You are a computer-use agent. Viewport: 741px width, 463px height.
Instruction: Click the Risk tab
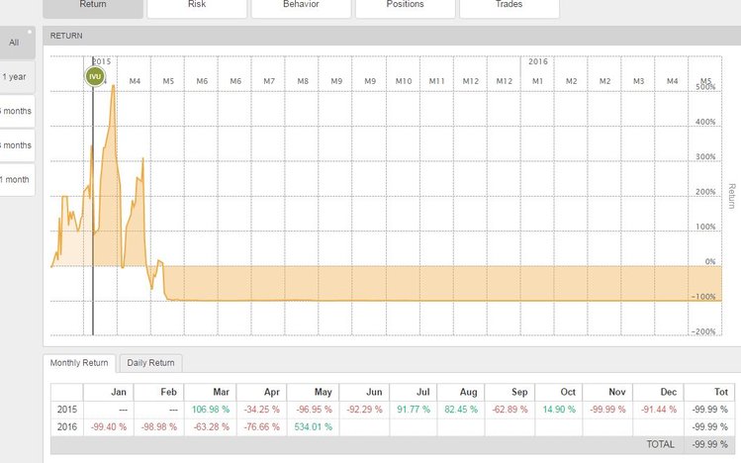[197, 5]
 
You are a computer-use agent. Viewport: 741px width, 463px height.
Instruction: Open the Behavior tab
[301, 5]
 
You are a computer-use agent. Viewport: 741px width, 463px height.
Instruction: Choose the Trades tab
[509, 5]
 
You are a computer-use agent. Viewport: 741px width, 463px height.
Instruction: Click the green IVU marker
[94, 76]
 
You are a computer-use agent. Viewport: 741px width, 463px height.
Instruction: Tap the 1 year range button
[15, 76]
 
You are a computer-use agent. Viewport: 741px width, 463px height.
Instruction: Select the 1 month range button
[15, 179]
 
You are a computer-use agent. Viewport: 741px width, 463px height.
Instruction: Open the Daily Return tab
[150, 363]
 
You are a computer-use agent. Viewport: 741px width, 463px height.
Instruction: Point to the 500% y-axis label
[705, 88]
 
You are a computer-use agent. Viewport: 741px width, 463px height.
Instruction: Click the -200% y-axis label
[704, 332]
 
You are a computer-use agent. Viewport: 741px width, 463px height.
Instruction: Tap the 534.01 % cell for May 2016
[312, 427]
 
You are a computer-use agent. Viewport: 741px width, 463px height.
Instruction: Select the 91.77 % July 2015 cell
[415, 410]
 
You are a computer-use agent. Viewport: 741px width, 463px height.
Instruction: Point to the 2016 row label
[65, 427]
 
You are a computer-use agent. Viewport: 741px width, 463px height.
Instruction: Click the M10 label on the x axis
[403, 80]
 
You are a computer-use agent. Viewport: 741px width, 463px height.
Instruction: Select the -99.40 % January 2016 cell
[107, 427]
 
